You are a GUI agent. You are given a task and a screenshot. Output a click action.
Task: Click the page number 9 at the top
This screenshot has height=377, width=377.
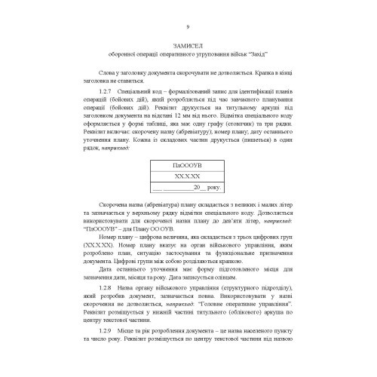[188, 27]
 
